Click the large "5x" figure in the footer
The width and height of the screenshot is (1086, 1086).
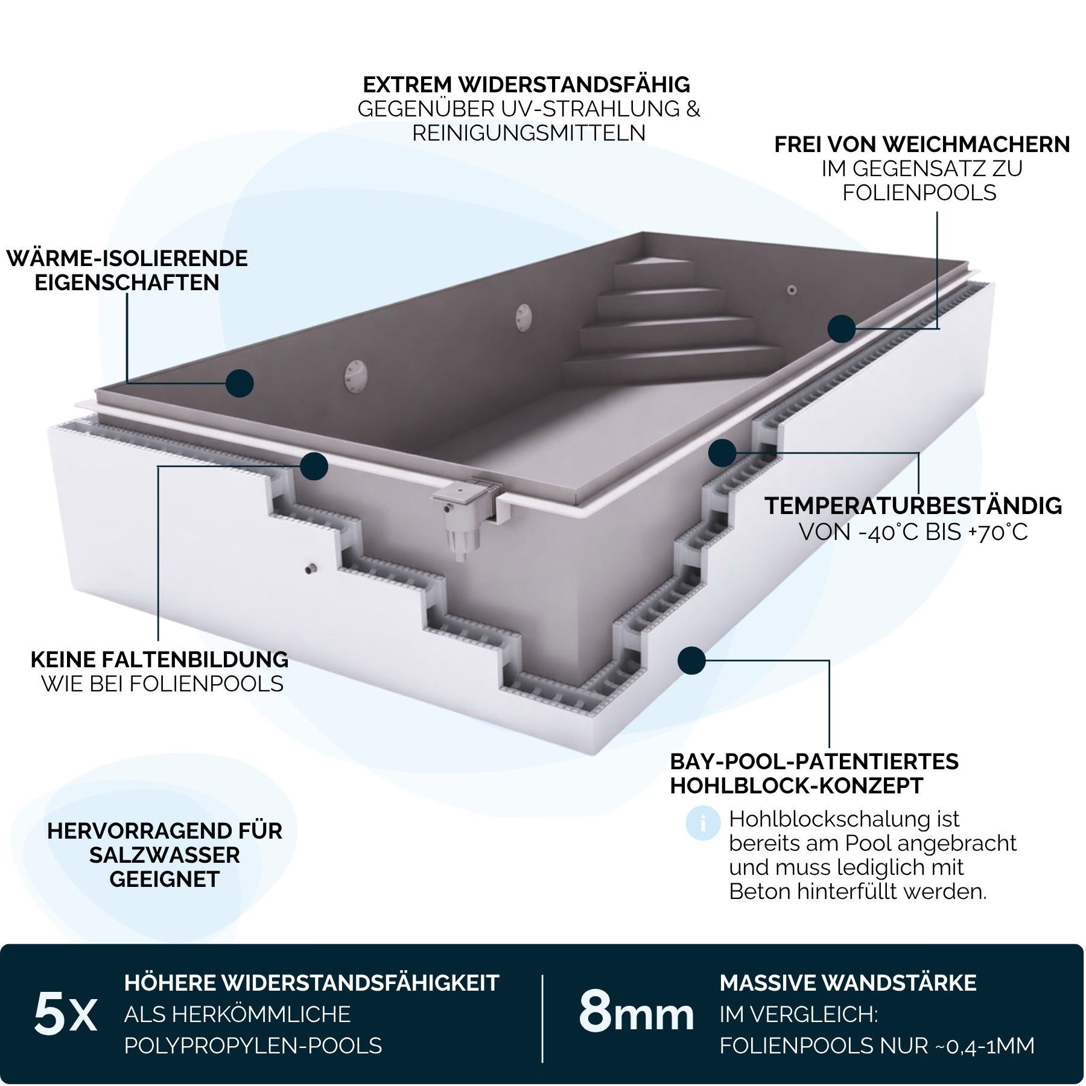65,1015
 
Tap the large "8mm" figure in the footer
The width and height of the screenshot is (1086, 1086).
637,1012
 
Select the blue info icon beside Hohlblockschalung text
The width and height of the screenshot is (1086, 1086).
703,823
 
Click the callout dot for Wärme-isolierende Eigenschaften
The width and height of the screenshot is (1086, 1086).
240,383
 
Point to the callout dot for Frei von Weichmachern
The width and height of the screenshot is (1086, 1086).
842,329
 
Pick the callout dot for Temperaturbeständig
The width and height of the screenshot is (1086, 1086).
722,453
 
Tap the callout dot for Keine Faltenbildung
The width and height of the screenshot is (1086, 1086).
314,466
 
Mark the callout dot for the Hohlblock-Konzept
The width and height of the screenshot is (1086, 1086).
691,661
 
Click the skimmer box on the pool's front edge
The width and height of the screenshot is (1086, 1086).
471,513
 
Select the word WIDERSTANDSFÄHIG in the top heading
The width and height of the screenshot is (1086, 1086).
574,84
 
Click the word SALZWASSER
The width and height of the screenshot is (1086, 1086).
165,855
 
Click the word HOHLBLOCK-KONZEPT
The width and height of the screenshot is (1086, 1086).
797,786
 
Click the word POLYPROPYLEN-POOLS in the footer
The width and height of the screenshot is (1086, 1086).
253,1046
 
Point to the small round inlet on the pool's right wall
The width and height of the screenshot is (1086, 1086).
792,291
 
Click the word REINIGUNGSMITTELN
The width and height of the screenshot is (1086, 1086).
529,133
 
